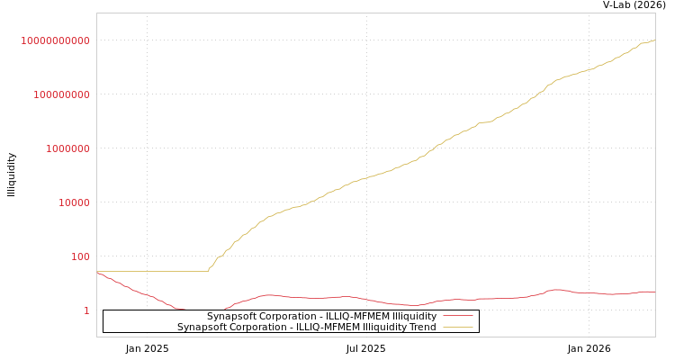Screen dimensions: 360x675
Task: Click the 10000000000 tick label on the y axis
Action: pos(56,41)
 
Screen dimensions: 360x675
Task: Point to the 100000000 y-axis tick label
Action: pos(62,95)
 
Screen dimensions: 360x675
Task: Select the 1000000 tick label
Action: pos(68,149)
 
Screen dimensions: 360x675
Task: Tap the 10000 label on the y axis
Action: pos(75,203)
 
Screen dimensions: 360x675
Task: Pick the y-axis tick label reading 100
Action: pos(81,257)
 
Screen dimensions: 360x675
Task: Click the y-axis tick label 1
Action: pos(86,311)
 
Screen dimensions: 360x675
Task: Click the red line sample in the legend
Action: pos(458,317)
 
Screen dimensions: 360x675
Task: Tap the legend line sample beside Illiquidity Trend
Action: pos(458,328)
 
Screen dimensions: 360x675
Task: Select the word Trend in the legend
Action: pos(421,328)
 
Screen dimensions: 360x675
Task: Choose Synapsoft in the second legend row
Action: pos(201,328)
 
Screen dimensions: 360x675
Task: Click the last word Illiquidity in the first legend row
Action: pos(409,317)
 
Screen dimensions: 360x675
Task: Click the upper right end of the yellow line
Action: pos(654,40)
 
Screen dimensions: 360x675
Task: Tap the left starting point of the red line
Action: pos(97,272)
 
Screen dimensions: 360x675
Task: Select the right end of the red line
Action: pos(654,292)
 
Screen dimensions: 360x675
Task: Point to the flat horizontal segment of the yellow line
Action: pos(153,271)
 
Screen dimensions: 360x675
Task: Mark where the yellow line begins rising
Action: pos(208,270)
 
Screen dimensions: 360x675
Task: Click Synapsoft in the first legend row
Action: pos(230,317)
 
